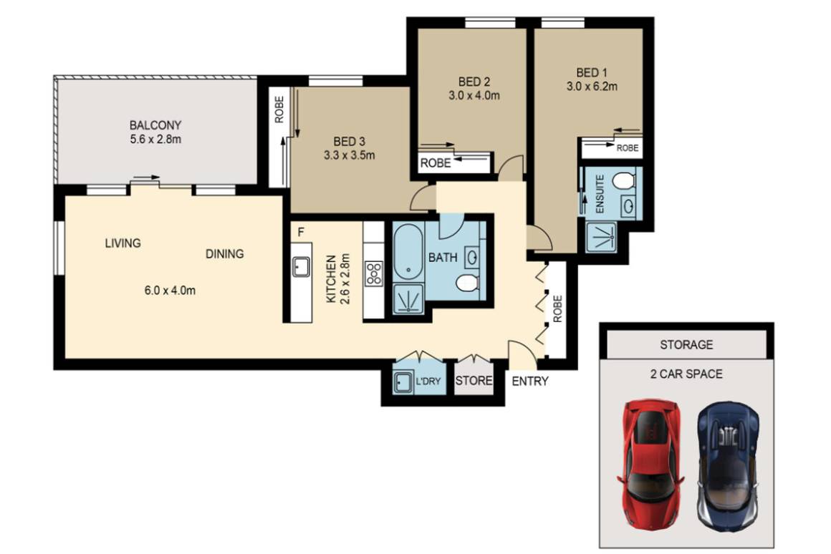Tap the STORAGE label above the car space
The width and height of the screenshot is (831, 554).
pyautogui.click(x=686, y=344)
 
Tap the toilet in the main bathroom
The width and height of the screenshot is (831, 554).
pyautogui.click(x=466, y=283)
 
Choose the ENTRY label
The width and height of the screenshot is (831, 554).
pyautogui.click(x=530, y=381)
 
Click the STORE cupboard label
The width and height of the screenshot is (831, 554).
pyautogui.click(x=474, y=381)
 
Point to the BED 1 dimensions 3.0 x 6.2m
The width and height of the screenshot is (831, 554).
pyautogui.click(x=591, y=87)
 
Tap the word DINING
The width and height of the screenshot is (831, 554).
pyautogui.click(x=224, y=253)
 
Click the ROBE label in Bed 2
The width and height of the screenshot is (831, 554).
pyautogui.click(x=436, y=163)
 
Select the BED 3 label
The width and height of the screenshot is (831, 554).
pyautogui.click(x=350, y=140)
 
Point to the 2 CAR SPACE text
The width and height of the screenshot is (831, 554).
pyautogui.click(x=686, y=374)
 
